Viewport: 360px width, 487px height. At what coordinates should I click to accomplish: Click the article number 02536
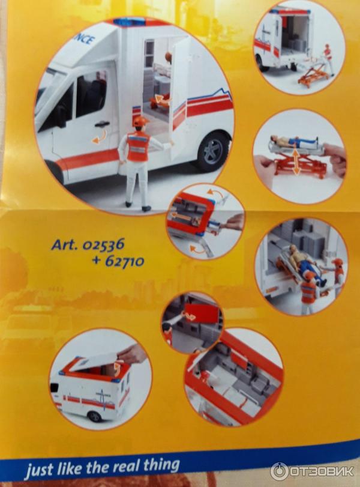[103, 244]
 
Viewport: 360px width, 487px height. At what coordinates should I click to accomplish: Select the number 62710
[124, 261]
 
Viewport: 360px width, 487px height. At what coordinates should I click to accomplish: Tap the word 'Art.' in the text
[64, 244]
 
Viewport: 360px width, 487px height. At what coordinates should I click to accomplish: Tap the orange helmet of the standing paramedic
[141, 121]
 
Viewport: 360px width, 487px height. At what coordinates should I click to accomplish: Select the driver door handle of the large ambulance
[102, 124]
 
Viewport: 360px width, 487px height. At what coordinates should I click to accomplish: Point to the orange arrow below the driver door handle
[100, 138]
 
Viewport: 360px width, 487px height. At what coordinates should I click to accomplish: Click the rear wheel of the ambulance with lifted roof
[95, 416]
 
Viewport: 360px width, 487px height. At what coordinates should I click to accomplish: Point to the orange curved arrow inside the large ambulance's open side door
[161, 99]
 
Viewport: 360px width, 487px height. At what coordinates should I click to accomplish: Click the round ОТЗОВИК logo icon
[279, 471]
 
